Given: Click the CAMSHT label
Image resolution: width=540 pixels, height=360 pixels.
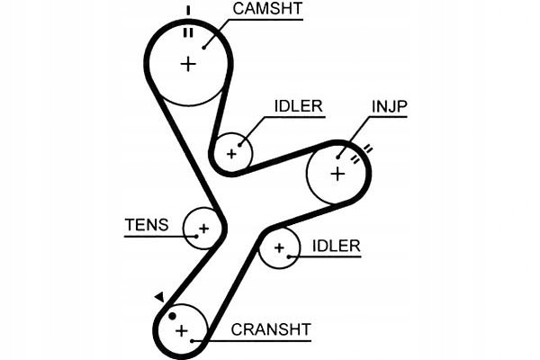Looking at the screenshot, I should click(267, 10).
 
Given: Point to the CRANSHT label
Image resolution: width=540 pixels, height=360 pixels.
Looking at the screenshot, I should click(271, 328).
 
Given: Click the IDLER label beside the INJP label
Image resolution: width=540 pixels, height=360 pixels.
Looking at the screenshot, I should click(298, 105).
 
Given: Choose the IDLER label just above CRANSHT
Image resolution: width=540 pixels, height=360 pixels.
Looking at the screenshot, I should click(336, 246).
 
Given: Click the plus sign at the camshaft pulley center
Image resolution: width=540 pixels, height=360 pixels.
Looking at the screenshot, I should click(188, 64).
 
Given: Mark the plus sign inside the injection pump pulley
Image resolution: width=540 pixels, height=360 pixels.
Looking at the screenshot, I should click(337, 173).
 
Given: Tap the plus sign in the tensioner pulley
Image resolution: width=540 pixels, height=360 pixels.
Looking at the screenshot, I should click(203, 229).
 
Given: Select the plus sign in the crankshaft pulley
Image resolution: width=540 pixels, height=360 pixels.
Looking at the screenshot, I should click(183, 331).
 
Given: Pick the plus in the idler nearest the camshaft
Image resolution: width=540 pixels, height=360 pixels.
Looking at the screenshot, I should click(231, 154).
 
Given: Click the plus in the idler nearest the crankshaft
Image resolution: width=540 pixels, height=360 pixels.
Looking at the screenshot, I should click(279, 247).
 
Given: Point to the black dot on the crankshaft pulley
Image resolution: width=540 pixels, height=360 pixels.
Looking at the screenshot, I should click(170, 316).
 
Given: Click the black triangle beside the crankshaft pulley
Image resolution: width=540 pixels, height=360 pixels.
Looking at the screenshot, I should click(158, 297).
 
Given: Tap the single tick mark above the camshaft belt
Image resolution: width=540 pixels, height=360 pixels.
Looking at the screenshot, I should click(188, 11).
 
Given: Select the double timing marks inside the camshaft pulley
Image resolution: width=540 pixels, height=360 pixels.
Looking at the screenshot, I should click(188, 32).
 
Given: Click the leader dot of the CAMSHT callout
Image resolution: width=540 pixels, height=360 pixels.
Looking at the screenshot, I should click(204, 47).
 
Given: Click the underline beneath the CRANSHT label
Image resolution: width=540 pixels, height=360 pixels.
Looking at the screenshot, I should click(261, 340).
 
